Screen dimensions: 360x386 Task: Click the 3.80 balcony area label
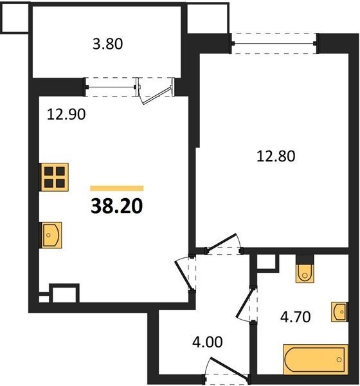click(x=107, y=44)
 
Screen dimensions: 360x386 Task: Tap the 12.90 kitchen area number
click(x=66, y=115)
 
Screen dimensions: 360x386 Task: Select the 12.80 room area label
click(x=276, y=156)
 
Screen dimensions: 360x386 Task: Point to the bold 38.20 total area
click(x=116, y=206)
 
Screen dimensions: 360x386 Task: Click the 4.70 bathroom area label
click(x=295, y=317)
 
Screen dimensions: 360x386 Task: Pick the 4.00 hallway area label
click(x=207, y=342)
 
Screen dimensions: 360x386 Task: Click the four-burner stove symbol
click(x=54, y=177)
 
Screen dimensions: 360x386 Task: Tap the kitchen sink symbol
click(x=51, y=235)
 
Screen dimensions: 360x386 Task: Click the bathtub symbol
click(x=316, y=360)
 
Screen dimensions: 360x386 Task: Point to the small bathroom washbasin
click(x=339, y=312)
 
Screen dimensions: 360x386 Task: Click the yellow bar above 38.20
click(x=117, y=188)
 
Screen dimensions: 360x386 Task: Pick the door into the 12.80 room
click(x=222, y=243)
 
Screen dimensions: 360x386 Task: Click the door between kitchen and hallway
click(x=184, y=274)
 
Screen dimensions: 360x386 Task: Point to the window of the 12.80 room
click(x=274, y=44)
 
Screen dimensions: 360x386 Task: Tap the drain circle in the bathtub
click(x=339, y=360)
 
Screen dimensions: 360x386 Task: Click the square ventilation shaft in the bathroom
click(x=266, y=262)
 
